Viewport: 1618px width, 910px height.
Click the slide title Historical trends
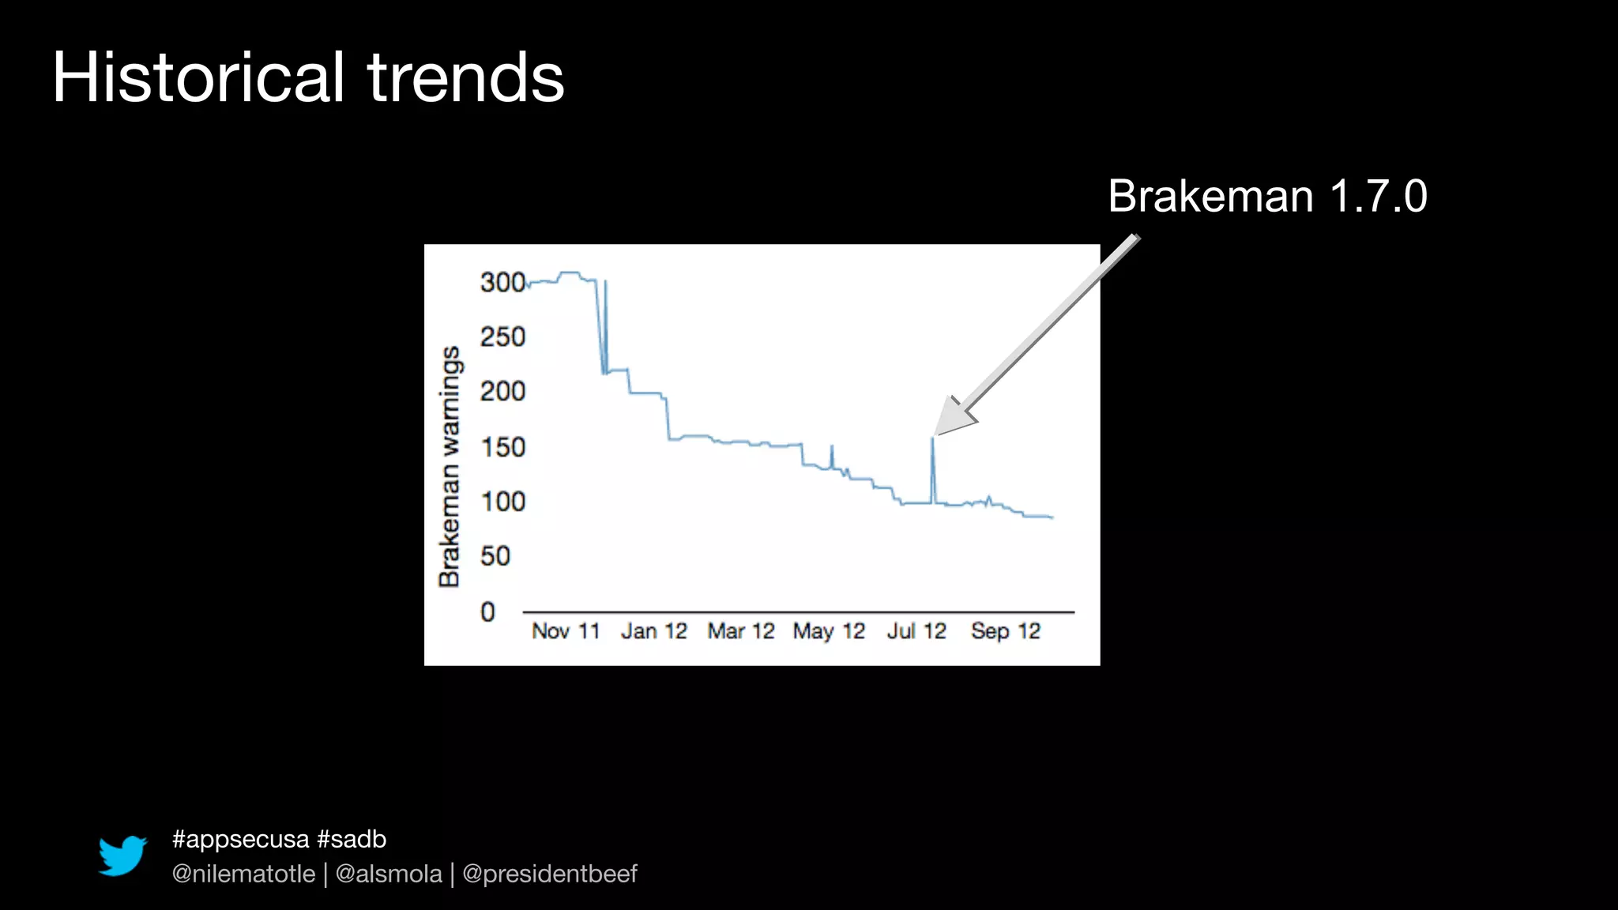click(308, 77)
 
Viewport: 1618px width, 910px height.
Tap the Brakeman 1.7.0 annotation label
click(1267, 196)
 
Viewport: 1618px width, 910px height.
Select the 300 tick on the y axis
click(502, 282)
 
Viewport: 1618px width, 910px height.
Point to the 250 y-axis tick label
click(502, 337)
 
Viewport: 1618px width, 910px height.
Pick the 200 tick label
click(502, 391)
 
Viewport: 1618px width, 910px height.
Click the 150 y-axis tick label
click(502, 447)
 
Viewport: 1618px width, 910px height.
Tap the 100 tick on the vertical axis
click(502, 502)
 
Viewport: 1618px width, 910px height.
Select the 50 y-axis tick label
click(495, 556)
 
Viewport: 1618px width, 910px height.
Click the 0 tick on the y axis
click(487, 611)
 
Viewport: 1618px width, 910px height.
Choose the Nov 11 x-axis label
click(566, 631)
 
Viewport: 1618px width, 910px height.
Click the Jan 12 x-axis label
click(653, 631)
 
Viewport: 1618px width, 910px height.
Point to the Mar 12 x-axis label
click(741, 631)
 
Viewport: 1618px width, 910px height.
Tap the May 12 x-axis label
click(829, 631)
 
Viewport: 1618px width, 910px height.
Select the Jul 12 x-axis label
click(916, 631)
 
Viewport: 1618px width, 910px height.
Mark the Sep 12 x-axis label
click(1006, 631)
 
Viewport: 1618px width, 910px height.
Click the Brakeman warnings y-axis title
click(450, 466)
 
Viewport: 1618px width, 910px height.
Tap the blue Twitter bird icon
click(122, 855)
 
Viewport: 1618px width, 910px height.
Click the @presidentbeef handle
click(549, 874)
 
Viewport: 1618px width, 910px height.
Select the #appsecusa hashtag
click(240, 839)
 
